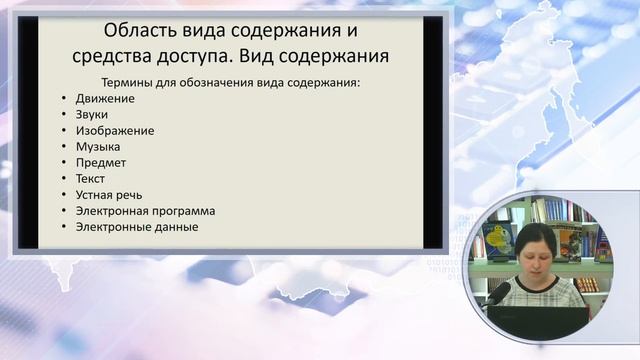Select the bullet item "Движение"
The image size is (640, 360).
[x=104, y=99]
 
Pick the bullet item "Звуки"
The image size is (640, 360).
[x=93, y=115]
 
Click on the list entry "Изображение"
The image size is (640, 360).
[x=114, y=131]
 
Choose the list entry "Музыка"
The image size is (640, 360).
[x=98, y=147]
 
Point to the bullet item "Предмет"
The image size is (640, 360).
[x=100, y=163]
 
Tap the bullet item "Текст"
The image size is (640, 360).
[x=90, y=179]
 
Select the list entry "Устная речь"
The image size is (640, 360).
[x=109, y=195]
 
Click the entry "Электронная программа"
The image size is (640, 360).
[x=145, y=211]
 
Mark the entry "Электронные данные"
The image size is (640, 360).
[x=136, y=227]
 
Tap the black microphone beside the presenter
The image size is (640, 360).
[x=498, y=292]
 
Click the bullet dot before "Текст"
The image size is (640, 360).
[x=62, y=180]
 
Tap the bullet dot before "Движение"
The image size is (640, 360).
[x=62, y=100]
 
